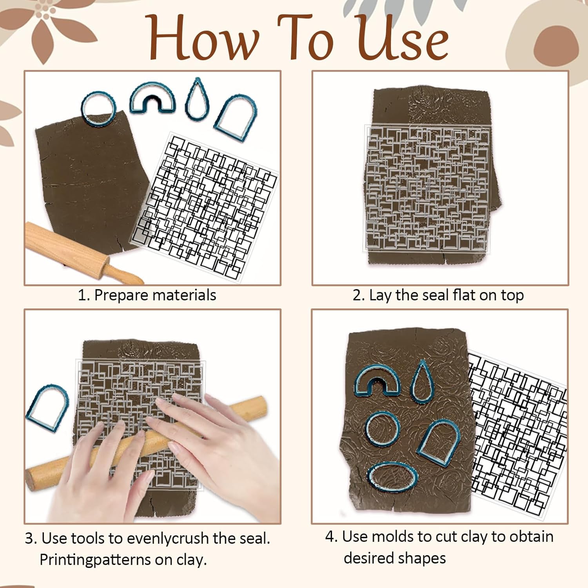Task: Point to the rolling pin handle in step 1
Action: (x=125, y=272)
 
